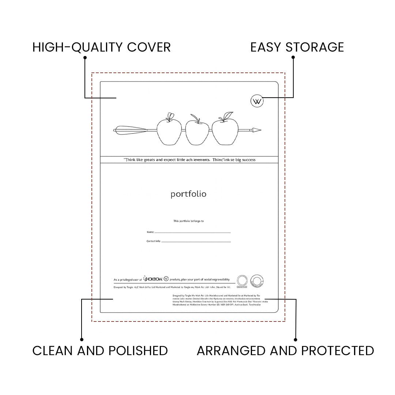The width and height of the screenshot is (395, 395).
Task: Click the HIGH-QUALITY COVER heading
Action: point(101,47)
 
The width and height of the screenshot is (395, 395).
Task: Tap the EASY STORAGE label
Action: point(297,47)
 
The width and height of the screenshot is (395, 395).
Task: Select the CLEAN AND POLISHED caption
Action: point(100,350)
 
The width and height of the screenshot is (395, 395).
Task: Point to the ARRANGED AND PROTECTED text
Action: point(285,350)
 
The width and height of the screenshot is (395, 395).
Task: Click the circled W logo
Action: point(257,101)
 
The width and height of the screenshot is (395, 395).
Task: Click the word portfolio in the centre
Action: point(188,194)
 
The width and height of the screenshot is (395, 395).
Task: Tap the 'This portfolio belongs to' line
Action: point(188,221)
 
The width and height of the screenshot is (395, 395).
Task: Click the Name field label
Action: point(150,232)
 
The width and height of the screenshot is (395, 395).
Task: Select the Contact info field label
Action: point(154,241)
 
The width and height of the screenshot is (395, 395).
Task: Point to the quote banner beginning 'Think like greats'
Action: point(189,160)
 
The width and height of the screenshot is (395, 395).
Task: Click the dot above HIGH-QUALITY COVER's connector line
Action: point(85,57)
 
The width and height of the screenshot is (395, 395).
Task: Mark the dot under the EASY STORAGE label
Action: point(293,57)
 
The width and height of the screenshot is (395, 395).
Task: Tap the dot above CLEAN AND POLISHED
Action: point(82,339)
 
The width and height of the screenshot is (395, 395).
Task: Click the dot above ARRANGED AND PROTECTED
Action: point(296,339)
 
